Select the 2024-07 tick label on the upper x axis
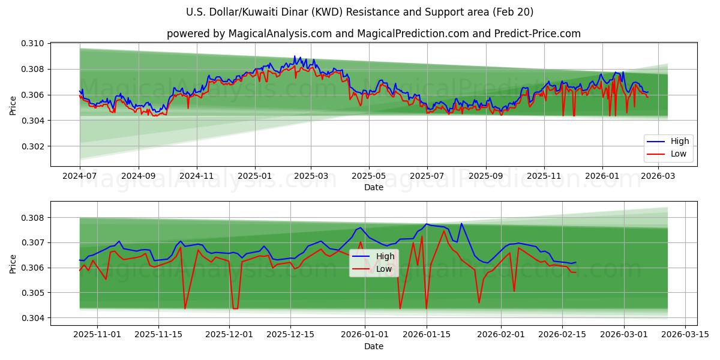click(80, 176)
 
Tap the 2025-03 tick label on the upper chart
click(311, 176)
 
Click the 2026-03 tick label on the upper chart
click(659, 176)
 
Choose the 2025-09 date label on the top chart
click(485, 176)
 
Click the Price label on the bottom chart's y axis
click(13, 264)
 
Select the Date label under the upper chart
click(373, 187)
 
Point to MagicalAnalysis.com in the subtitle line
click(280, 34)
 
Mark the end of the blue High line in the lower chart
click(575, 262)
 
